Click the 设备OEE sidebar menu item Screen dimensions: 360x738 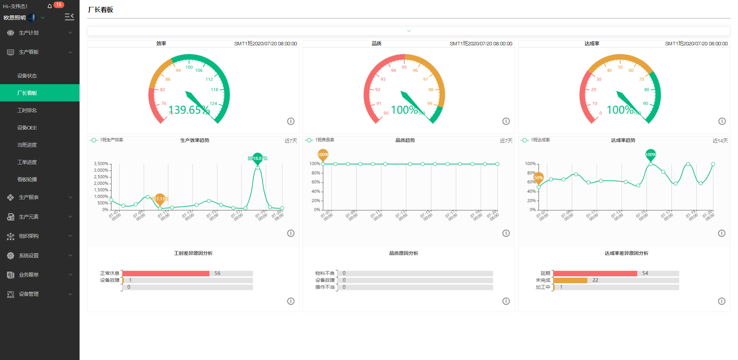tap(27, 128)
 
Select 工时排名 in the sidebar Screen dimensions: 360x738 tap(27, 110)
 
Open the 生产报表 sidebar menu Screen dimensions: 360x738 tap(29, 197)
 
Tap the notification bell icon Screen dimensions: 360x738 tap(50, 6)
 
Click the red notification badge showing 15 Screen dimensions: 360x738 tap(58, 5)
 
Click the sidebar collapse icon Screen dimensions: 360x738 tap(69, 17)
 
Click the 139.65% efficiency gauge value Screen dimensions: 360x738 tap(189, 110)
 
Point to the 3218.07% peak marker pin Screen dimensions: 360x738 tap(258, 158)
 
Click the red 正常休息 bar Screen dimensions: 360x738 tap(166, 273)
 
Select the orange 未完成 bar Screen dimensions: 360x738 tap(570, 280)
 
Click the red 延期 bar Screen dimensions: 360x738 tap(595, 273)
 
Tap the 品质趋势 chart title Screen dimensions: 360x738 tap(405, 140)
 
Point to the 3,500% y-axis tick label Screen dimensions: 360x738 tap(101, 164)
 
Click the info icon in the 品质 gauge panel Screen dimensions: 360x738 tap(506, 121)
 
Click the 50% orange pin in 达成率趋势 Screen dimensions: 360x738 tap(539, 178)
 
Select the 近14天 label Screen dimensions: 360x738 tap(720, 141)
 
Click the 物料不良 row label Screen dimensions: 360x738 tap(325, 273)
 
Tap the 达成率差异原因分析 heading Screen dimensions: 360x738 tap(626, 253)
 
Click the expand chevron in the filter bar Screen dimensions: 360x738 tap(409, 31)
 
